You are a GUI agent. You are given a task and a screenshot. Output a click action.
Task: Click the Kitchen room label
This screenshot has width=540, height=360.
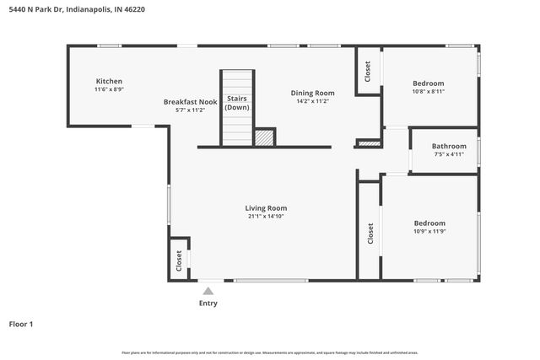(109, 81)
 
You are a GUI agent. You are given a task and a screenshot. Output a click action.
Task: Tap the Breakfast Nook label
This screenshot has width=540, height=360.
(190, 102)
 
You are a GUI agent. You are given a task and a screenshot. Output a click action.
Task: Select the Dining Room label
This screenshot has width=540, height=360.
(312, 93)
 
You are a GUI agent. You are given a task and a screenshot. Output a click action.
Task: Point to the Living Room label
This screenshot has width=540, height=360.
(266, 208)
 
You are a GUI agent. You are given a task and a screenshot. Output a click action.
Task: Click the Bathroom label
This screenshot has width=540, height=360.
(449, 146)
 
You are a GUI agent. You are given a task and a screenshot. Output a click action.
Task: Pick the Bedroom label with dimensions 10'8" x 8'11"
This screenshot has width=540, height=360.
(428, 83)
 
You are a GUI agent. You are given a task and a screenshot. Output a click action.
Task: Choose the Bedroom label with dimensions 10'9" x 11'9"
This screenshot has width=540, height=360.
(429, 223)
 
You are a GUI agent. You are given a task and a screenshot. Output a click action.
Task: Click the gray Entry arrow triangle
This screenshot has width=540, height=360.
(208, 291)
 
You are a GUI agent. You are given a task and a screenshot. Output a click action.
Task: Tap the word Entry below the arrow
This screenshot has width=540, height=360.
(208, 304)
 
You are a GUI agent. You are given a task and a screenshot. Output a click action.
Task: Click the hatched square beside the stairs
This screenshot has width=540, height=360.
(264, 137)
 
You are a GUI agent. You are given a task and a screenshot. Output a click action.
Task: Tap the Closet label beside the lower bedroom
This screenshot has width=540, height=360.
(370, 234)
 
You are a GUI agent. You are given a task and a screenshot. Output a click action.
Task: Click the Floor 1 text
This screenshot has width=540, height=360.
(21, 324)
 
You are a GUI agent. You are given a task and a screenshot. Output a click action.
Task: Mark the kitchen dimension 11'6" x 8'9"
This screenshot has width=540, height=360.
(109, 89)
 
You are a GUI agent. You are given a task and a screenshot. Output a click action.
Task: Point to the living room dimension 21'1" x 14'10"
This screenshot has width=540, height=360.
(266, 217)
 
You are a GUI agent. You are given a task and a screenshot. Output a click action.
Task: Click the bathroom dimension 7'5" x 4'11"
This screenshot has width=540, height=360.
(449, 154)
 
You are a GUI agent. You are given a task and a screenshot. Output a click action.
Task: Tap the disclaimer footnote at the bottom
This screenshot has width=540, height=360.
(269, 352)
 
